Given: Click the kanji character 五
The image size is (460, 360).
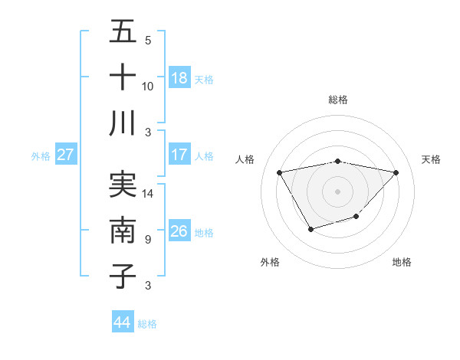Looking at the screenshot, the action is point(123,32).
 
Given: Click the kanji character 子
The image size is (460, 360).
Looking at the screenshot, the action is point(123,277).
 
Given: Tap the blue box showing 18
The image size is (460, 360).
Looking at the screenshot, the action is point(179,78).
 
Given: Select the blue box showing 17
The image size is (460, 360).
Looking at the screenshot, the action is point(179,155).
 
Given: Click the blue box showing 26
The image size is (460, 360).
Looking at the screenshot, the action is point(179,231).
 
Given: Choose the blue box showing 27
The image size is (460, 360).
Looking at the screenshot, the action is point(65,155).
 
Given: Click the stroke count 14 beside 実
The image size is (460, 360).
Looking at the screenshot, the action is point(148,194).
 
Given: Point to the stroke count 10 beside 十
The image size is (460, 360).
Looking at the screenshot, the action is point(148,86).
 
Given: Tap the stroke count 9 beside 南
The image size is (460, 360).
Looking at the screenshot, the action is point(148,240).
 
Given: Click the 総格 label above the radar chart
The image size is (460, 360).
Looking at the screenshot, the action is point(337,100).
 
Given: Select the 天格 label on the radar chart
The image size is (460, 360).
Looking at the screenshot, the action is point(432,159).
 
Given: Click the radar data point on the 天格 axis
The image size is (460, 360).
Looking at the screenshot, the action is point(396,172).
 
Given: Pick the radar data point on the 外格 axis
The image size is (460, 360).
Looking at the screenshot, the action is point(310,229).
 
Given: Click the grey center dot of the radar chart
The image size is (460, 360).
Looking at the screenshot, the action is point(337,191).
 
